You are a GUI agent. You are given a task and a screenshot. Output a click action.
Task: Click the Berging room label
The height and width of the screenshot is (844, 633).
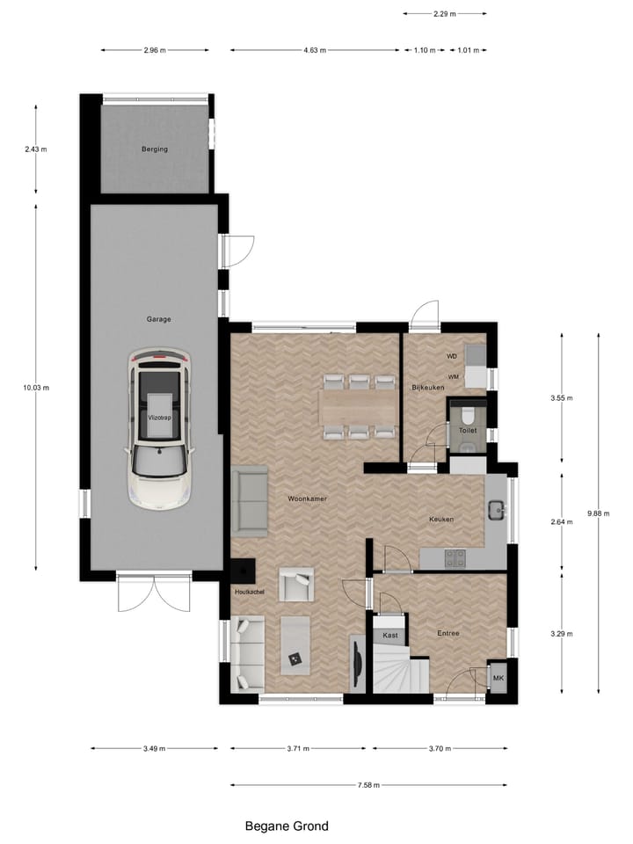click(x=155, y=149)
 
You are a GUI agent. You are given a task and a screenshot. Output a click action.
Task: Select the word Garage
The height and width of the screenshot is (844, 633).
click(x=159, y=319)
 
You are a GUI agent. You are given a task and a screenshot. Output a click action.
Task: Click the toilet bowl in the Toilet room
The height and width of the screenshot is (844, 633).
click(x=467, y=414)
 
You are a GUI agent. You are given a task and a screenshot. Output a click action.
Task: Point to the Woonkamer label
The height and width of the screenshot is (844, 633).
click(x=307, y=498)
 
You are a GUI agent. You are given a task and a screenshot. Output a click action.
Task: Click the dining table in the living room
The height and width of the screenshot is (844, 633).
click(x=360, y=407)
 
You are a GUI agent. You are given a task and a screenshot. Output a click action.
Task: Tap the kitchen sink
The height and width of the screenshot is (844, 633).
click(x=497, y=508)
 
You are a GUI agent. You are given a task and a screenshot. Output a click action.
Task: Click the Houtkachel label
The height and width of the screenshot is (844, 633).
click(x=250, y=592)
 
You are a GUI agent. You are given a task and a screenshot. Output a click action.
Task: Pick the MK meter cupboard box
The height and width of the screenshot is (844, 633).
click(x=498, y=678)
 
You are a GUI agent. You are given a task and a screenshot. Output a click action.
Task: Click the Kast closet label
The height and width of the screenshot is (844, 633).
click(x=390, y=635)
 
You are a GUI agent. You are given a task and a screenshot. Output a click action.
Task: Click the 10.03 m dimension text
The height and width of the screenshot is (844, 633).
click(x=36, y=387)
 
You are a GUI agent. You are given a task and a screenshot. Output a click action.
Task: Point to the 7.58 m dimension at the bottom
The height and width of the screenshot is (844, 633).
click(x=369, y=785)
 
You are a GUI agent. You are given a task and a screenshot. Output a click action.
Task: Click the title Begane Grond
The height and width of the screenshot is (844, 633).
click(x=287, y=826)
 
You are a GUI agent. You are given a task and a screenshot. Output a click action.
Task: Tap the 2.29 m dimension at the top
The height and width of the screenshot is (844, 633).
click(x=445, y=14)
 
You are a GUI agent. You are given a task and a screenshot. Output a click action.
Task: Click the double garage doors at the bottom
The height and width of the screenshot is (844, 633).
click(x=155, y=594)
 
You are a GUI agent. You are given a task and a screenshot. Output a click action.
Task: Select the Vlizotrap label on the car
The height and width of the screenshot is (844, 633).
click(x=159, y=418)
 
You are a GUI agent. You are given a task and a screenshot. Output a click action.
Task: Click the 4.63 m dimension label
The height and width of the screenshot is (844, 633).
click(x=315, y=50)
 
